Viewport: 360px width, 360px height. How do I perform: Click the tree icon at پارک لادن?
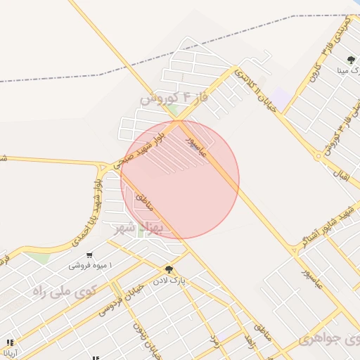pos(169,269)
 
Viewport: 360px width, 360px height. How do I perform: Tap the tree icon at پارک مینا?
pos(351,60)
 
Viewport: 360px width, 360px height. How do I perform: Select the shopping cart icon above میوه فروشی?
pos(89,255)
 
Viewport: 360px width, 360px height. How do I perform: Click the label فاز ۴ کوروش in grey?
pos(175,98)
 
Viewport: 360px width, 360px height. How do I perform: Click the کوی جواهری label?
pos(329,338)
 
